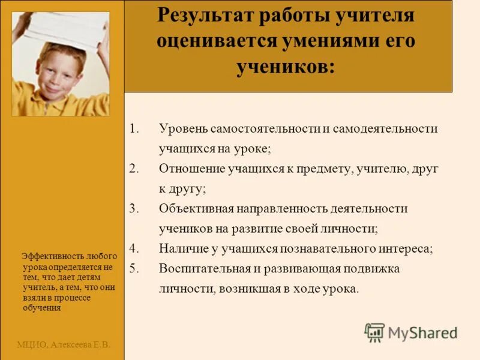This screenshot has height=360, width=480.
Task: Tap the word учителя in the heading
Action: point(377,16)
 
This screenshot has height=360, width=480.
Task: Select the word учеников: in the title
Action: point(287,67)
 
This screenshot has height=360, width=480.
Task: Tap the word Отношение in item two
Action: point(191,169)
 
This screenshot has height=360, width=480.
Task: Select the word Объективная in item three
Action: point(196,208)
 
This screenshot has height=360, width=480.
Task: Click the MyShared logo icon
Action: point(374,332)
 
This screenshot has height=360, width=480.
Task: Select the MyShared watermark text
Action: point(422,332)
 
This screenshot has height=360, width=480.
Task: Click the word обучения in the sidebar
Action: point(42,308)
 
